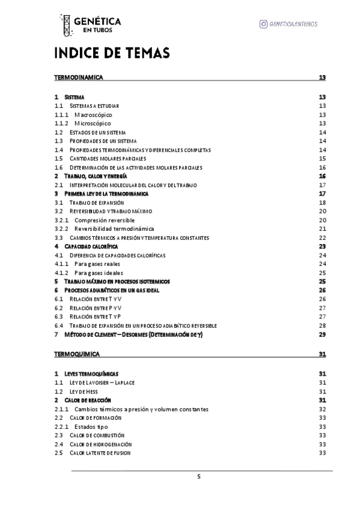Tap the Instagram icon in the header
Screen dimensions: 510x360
(x=263, y=23)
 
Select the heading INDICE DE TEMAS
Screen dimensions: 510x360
(x=112, y=54)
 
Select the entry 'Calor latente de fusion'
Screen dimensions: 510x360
(x=100, y=452)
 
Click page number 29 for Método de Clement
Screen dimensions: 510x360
(x=322, y=334)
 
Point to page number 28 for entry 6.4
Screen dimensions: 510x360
(x=322, y=325)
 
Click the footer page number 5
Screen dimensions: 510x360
(x=199, y=477)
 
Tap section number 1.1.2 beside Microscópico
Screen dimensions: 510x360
(x=61, y=123)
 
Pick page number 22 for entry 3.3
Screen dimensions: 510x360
(x=322, y=238)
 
